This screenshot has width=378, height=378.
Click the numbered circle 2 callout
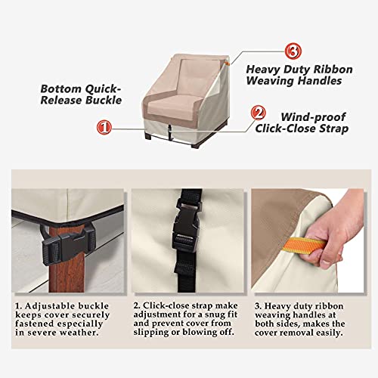click(258, 114)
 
